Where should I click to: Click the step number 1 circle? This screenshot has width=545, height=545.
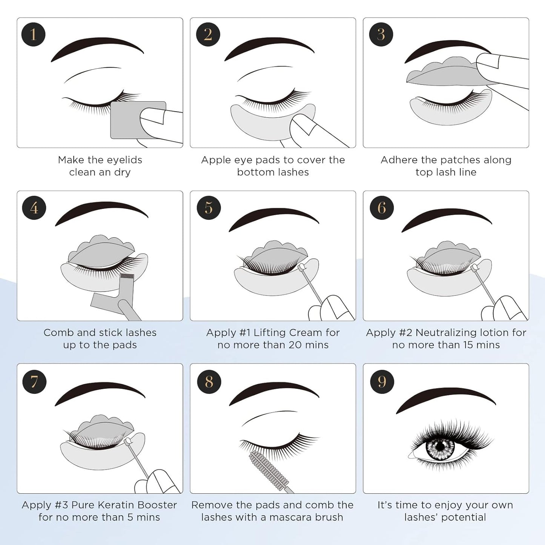(33, 35)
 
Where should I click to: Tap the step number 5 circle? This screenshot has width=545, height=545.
(209, 208)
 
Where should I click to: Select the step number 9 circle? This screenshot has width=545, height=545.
(382, 381)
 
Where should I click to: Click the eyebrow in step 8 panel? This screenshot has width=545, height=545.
(273, 392)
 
